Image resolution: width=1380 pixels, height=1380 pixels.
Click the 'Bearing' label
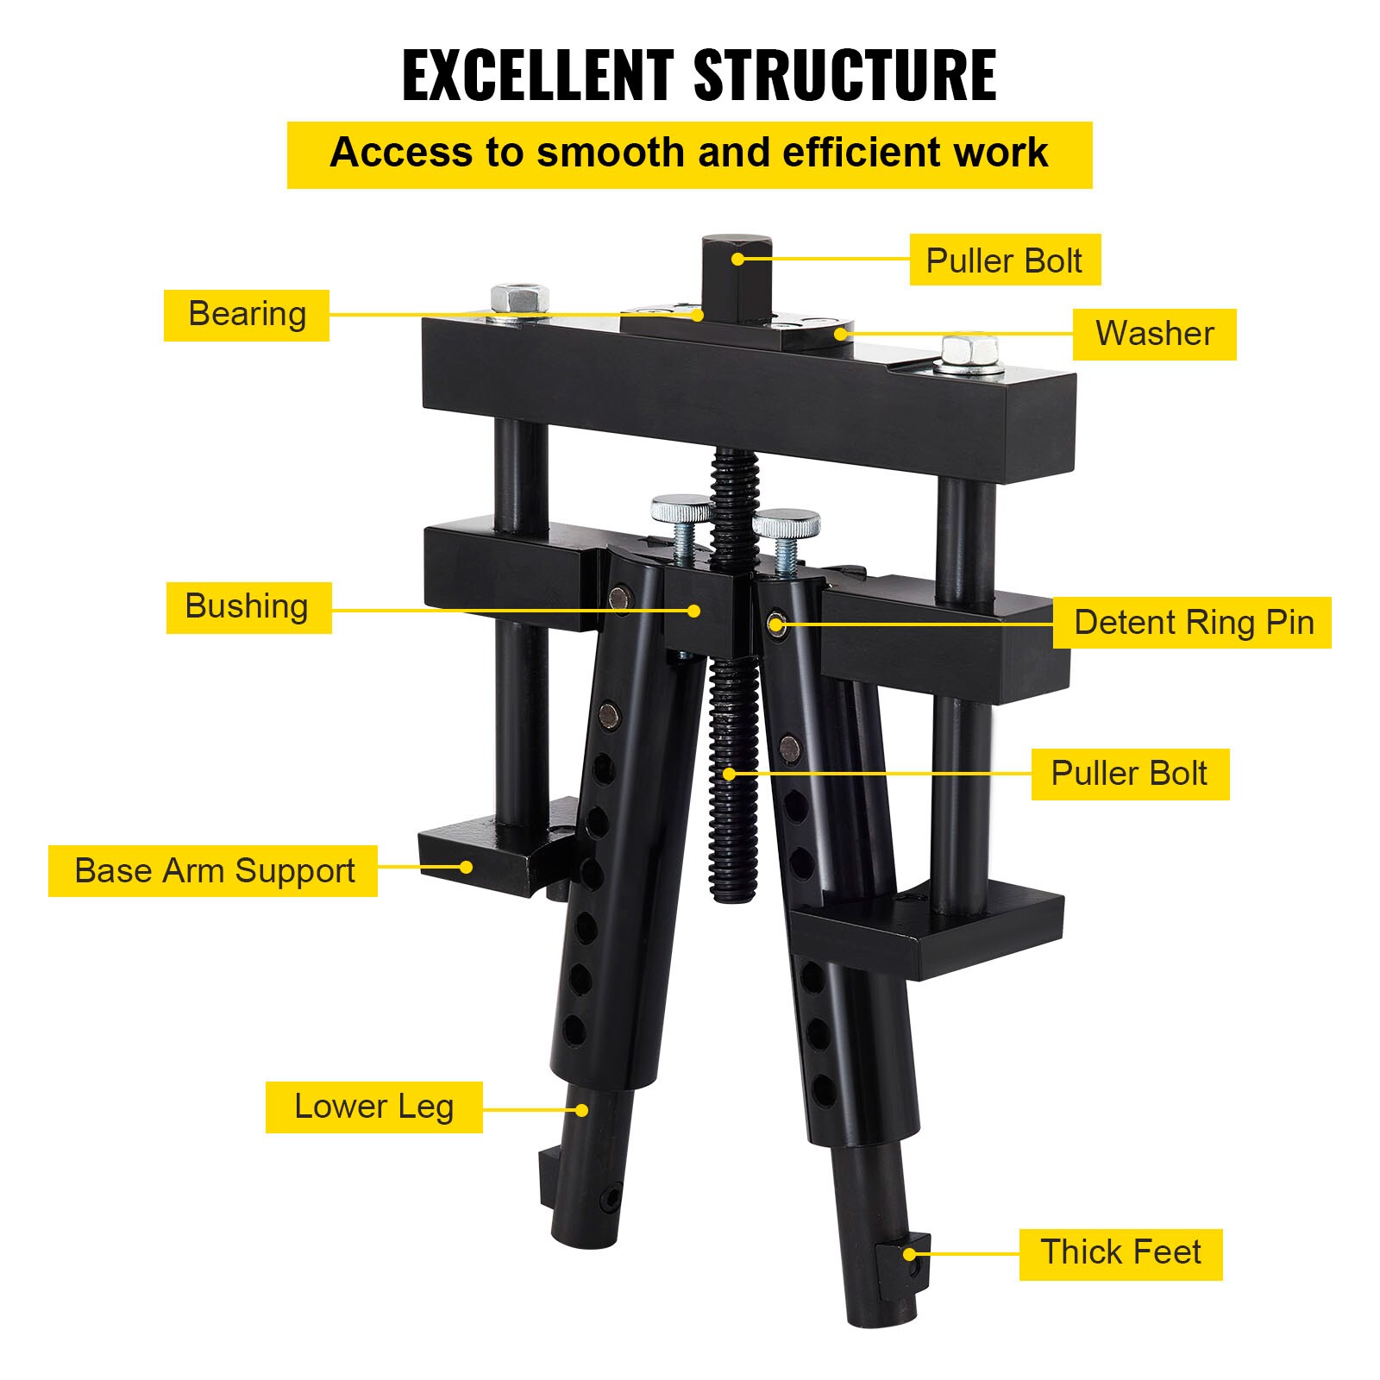(247, 315)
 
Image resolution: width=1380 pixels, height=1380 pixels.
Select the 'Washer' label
(1154, 334)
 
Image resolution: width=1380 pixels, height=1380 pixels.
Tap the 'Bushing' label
(248, 607)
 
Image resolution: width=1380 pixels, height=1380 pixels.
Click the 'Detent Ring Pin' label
(1192, 623)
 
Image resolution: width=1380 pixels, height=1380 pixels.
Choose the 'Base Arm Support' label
(213, 871)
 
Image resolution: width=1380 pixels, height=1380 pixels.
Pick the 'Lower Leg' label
(373, 1107)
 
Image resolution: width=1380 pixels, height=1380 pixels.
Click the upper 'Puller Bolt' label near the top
(1005, 260)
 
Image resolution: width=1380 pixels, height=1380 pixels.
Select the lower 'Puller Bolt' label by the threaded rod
(1130, 775)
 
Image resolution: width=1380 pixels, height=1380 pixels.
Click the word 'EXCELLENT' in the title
(537, 76)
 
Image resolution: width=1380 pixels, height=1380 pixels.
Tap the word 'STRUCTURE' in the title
(845, 76)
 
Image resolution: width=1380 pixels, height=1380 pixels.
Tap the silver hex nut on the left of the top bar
(520, 300)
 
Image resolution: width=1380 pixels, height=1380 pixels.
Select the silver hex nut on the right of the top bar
(970, 354)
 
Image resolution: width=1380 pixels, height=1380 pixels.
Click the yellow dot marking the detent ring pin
(775, 624)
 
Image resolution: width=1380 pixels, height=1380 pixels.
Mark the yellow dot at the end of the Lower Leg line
(582, 1110)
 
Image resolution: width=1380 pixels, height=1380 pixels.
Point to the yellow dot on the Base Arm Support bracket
(467, 867)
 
